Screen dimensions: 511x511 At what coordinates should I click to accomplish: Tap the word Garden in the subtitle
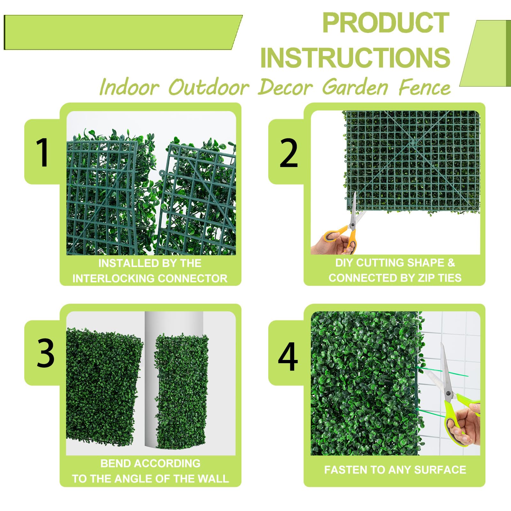355,87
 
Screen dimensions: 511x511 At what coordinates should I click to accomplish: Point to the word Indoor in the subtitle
129,87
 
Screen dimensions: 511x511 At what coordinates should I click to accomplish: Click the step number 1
42,152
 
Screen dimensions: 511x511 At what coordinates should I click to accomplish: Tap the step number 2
288,153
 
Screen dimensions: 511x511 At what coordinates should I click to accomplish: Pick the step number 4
288,357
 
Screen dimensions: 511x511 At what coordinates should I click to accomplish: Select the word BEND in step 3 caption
111,463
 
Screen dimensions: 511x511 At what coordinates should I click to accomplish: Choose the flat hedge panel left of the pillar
104,386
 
